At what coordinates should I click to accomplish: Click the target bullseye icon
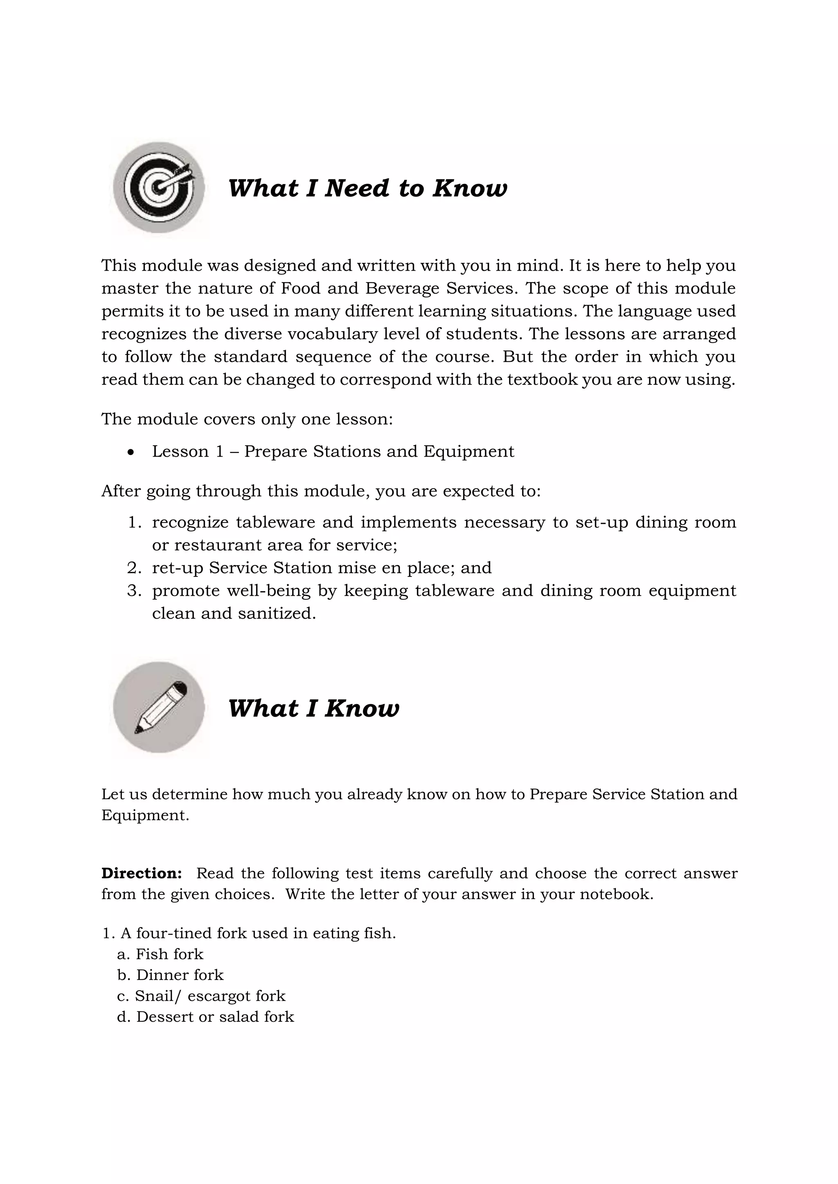[x=159, y=187]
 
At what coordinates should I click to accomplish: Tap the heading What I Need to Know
[x=367, y=188]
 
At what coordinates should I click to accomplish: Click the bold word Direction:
[x=142, y=873]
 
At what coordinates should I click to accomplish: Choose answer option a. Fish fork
[x=160, y=954]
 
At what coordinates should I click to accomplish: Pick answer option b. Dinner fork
[x=170, y=975]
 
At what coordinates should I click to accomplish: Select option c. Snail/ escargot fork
[x=201, y=996]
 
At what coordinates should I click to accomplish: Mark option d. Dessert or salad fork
[x=205, y=1017]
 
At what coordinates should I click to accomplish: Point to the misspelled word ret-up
[x=177, y=568]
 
